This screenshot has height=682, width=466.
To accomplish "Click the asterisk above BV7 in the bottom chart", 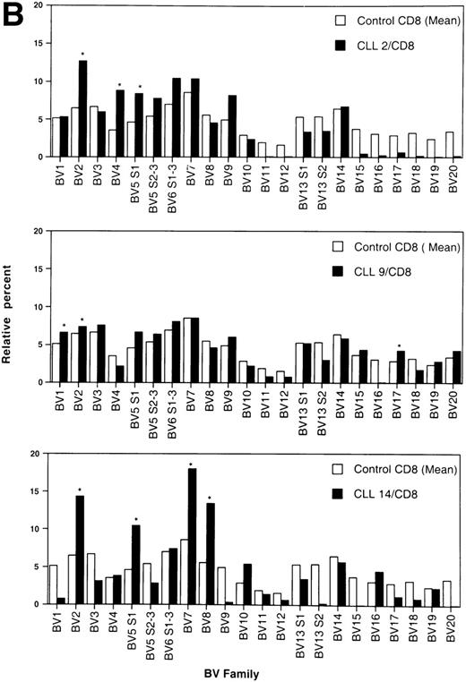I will (x=192, y=464).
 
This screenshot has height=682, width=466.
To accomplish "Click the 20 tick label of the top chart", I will (x=35, y=6).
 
